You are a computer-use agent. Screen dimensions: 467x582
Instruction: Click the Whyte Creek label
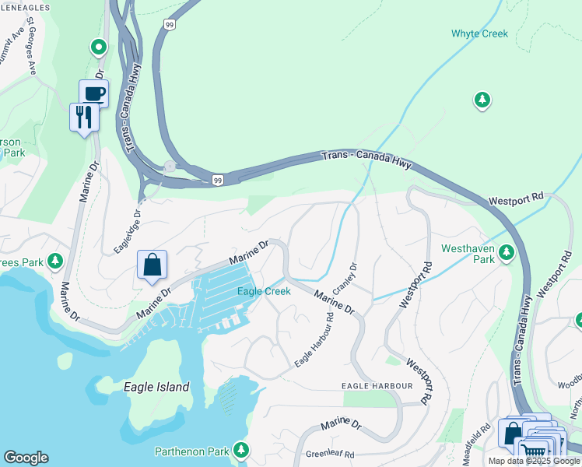tap(479, 33)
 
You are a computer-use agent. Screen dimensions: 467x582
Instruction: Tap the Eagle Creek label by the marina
tap(264, 291)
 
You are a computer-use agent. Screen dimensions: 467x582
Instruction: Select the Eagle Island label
tap(156, 387)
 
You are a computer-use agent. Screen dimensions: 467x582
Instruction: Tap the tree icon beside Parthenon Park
tap(241, 449)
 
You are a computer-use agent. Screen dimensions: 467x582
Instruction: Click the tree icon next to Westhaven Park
tap(507, 251)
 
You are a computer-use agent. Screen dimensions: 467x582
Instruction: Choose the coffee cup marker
tap(93, 93)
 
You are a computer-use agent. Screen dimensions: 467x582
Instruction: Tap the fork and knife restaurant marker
tap(84, 117)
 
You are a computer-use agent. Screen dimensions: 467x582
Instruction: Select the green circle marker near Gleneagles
tap(98, 48)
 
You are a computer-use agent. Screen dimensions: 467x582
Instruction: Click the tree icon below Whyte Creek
tap(482, 100)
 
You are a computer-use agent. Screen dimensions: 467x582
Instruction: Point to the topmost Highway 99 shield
tap(170, 25)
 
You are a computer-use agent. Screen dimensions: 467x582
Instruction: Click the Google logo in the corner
tap(26, 458)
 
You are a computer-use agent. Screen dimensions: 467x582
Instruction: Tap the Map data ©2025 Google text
tap(534, 461)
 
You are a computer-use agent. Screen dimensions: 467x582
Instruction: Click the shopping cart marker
tap(533, 449)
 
